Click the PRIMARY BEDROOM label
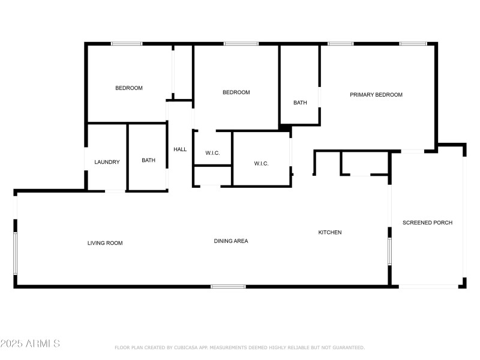pos(376,95)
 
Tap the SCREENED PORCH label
pos(427,223)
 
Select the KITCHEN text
pos(330,232)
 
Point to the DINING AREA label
pos(231,241)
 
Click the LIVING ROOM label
pos(105,243)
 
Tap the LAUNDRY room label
pos(107,162)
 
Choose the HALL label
pos(180,149)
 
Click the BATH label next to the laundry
pos(148,160)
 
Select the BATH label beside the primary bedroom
pos(300,103)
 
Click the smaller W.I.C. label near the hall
pos(212,153)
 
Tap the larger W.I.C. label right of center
pos(261,164)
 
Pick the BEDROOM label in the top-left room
pos(129,88)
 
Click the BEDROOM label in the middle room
pos(236,92)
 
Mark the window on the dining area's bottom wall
pos(228,286)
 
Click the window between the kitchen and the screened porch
pos(389,251)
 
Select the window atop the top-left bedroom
pos(127,44)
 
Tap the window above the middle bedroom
pos(241,44)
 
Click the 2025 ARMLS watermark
pos(30,344)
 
